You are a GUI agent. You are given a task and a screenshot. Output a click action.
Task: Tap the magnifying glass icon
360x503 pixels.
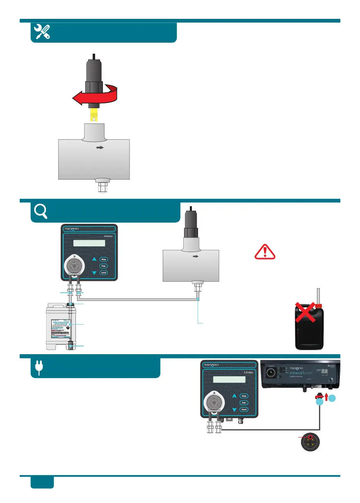click(40, 211)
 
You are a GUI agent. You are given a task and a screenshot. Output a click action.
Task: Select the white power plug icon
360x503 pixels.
click(39, 369)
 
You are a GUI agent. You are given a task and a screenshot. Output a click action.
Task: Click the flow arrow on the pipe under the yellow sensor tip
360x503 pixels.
click(99, 148)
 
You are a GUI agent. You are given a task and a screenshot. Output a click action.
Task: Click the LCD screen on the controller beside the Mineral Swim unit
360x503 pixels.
click(230, 379)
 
